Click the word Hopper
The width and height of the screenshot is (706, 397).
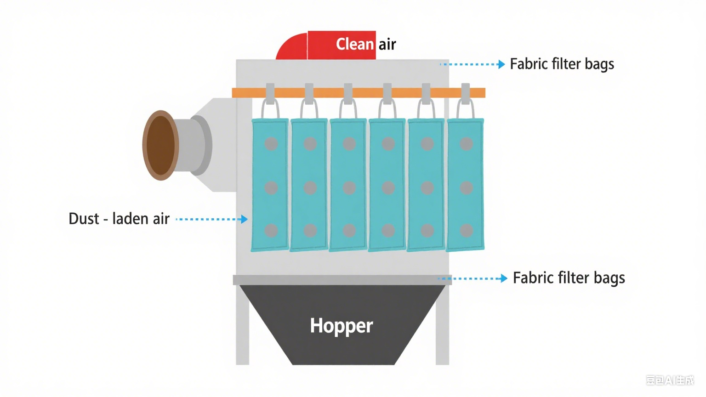point(341,326)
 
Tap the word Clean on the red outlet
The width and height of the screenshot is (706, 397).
point(355,44)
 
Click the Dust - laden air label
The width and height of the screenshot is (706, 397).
point(119,219)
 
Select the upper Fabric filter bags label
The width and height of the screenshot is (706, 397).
point(562,64)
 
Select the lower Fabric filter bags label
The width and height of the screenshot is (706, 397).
point(569,278)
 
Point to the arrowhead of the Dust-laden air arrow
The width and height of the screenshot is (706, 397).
point(245,219)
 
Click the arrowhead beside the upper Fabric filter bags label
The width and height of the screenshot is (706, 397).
point(501,64)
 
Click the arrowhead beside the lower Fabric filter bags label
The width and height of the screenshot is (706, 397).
point(504,278)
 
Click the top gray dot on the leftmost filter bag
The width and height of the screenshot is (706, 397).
point(271,144)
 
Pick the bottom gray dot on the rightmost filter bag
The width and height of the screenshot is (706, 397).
point(467,230)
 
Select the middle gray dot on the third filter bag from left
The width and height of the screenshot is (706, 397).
point(349,187)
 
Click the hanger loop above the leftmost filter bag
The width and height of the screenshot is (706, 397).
point(270,109)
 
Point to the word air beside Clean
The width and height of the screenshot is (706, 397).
point(387,45)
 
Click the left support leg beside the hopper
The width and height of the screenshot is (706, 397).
point(242,326)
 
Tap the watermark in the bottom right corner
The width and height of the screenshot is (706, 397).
point(670,380)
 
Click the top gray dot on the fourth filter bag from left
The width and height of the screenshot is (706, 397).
point(388,144)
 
